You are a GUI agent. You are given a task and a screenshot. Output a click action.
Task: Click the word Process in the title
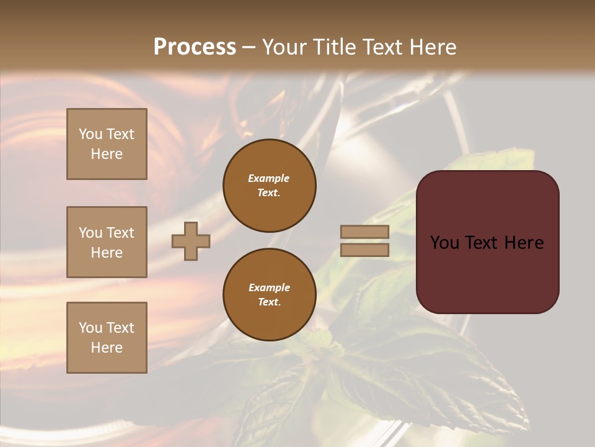(x=195, y=47)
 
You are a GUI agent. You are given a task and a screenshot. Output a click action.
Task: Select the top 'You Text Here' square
(x=107, y=144)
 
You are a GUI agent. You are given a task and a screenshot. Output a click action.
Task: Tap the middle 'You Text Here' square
(x=107, y=242)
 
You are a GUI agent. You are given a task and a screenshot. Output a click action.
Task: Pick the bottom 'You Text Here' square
(x=107, y=338)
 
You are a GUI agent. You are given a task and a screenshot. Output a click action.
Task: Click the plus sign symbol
(x=191, y=241)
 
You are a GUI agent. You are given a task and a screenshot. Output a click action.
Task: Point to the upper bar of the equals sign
(x=364, y=232)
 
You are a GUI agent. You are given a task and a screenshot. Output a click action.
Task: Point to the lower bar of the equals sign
(x=364, y=250)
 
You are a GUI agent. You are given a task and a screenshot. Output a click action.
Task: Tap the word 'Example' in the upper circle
(x=269, y=178)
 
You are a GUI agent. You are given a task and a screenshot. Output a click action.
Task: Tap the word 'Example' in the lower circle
(x=269, y=287)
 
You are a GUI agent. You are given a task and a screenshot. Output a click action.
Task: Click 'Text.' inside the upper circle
(x=269, y=192)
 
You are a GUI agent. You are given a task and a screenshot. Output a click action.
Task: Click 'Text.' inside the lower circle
(x=269, y=302)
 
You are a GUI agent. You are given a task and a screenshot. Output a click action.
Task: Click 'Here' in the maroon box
(x=524, y=243)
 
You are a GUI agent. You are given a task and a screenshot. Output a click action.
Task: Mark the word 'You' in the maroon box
(x=445, y=243)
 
